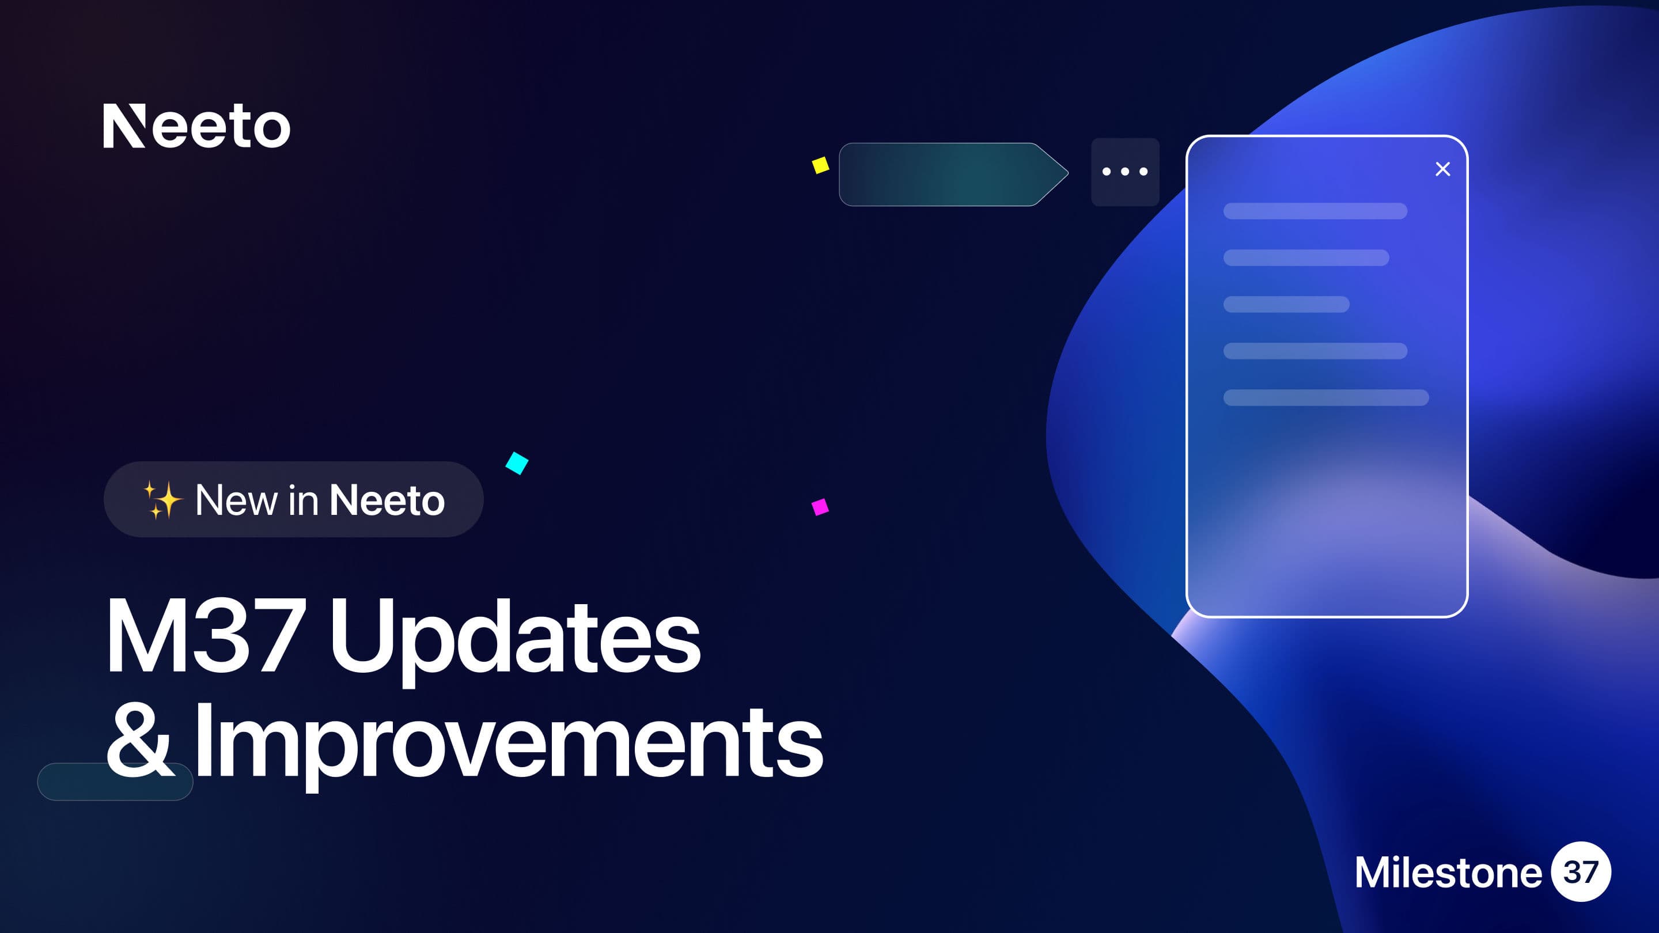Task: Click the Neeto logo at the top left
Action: pyautogui.click(x=196, y=126)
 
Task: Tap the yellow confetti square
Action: pyautogui.click(x=820, y=165)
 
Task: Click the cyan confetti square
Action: pyautogui.click(x=517, y=463)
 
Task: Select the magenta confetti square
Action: pyautogui.click(x=820, y=507)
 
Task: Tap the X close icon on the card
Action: pyautogui.click(x=1442, y=169)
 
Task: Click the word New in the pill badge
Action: pyautogui.click(x=236, y=500)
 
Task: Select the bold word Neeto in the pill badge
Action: pyautogui.click(x=387, y=500)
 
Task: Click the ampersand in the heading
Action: pyautogui.click(x=140, y=741)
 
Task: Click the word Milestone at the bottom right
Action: pyautogui.click(x=1448, y=873)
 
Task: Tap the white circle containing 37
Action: pyautogui.click(x=1581, y=872)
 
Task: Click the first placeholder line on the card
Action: pyautogui.click(x=1315, y=211)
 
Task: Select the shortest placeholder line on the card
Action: pyautogui.click(x=1286, y=305)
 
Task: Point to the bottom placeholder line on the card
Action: pyautogui.click(x=1326, y=397)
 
